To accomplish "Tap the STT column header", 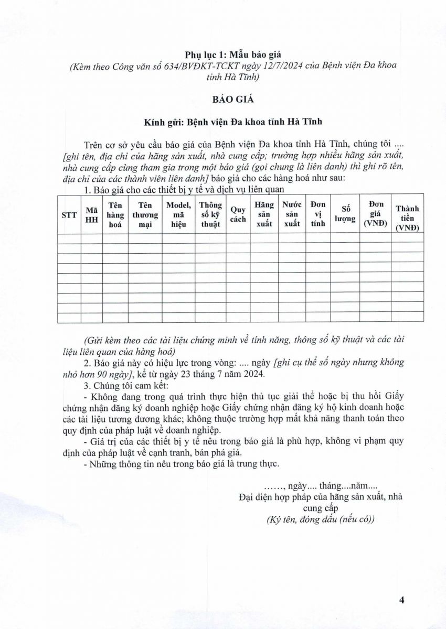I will (x=69, y=215).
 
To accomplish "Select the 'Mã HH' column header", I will (x=91, y=215).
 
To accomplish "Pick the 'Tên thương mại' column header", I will (x=145, y=215).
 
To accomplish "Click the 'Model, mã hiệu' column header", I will (x=178, y=215).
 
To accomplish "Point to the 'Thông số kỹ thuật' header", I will (x=210, y=215).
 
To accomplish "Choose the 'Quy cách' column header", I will (x=238, y=215).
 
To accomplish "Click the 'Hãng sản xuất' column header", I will (x=264, y=215).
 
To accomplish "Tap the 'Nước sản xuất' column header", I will (x=292, y=215).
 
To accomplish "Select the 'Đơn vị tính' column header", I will (x=318, y=215).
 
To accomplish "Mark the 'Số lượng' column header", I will (x=345, y=215).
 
